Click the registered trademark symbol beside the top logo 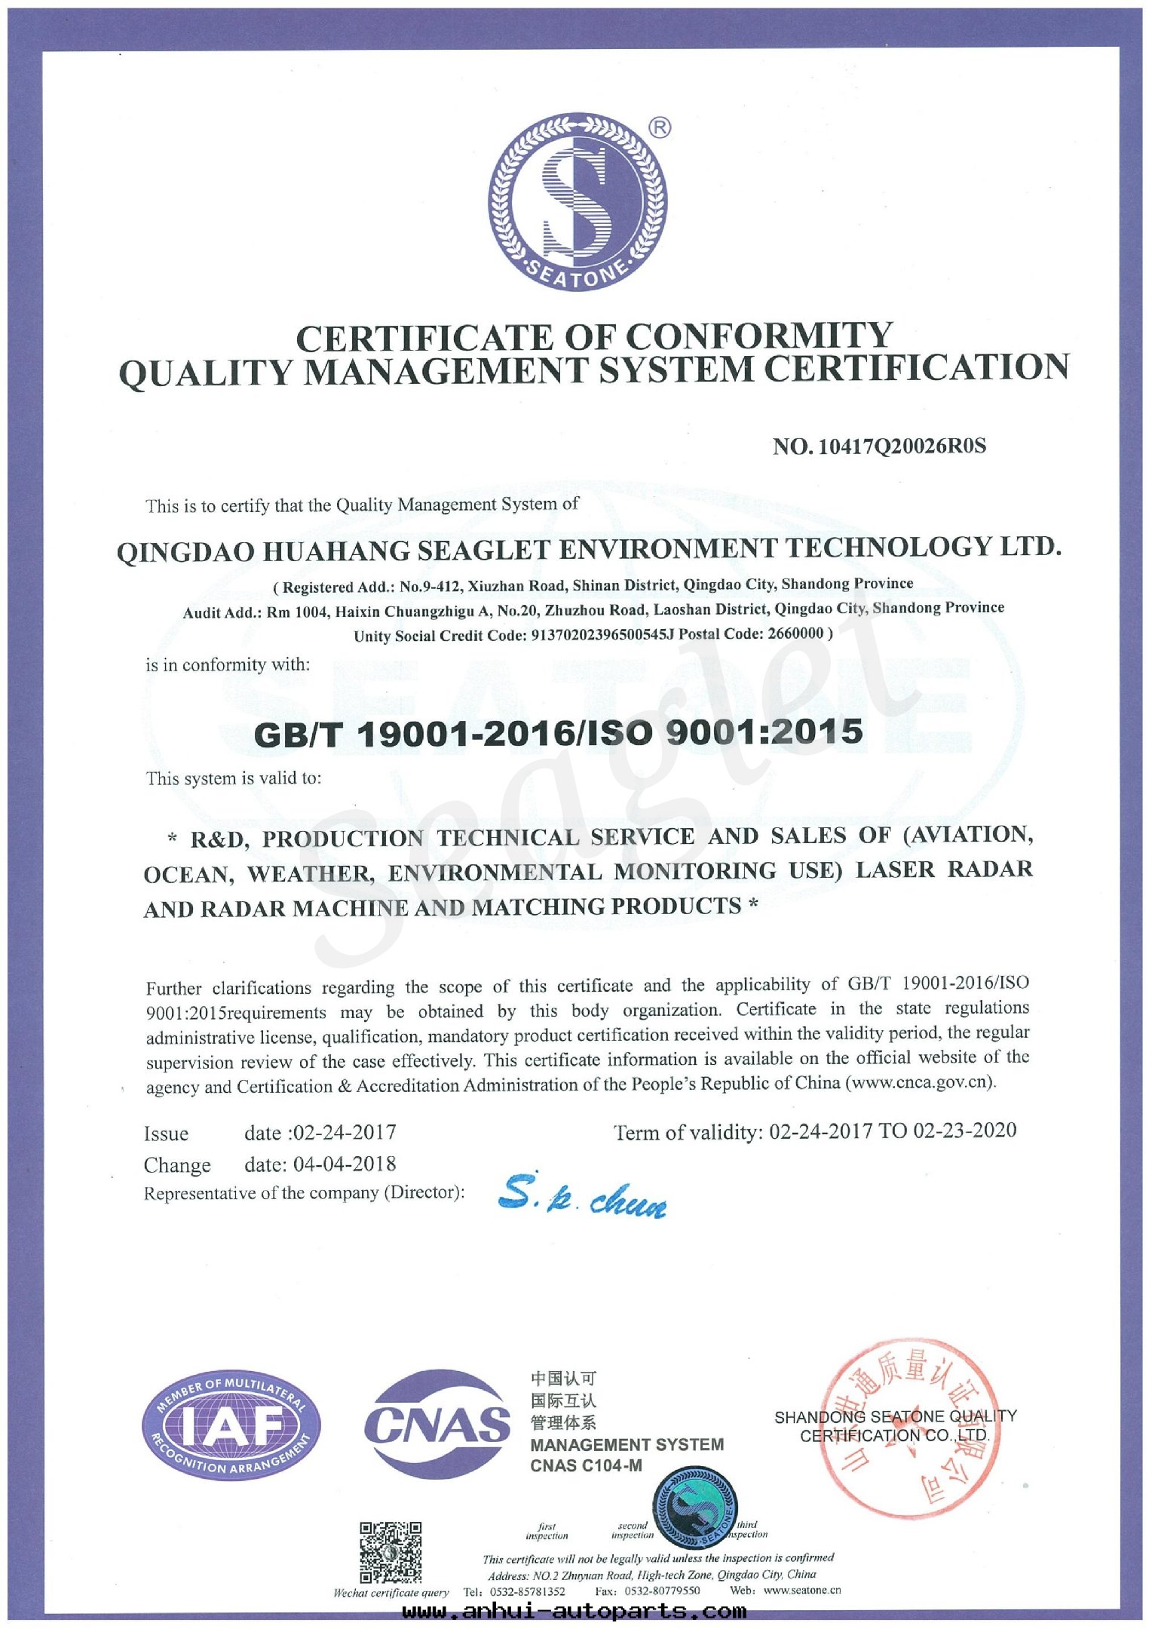click(658, 128)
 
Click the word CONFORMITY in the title click(759, 336)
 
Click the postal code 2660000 click(795, 633)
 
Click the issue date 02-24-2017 click(345, 1132)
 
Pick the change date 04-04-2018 click(345, 1164)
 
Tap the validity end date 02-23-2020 click(965, 1130)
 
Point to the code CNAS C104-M click(586, 1465)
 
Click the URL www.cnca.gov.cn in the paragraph click(919, 1082)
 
